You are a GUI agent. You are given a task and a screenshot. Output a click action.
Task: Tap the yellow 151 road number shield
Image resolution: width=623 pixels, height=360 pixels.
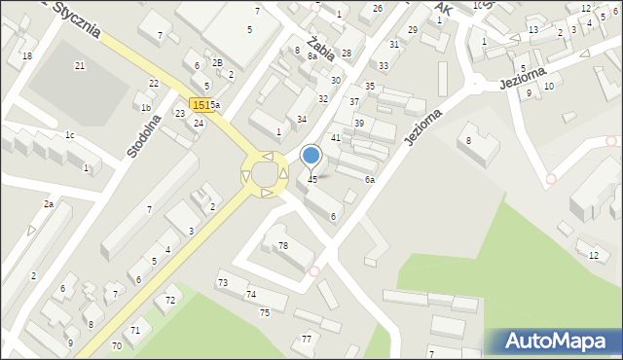199,104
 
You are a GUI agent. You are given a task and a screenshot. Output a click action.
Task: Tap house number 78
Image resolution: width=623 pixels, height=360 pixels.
283,245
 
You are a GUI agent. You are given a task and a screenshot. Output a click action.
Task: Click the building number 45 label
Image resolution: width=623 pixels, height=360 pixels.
312,180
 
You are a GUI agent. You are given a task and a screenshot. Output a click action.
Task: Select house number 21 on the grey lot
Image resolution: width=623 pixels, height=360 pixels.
80,65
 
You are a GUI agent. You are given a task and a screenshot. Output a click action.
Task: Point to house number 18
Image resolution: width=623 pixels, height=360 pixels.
27,56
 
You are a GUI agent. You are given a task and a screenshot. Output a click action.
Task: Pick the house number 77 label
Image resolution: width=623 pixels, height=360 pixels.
307,339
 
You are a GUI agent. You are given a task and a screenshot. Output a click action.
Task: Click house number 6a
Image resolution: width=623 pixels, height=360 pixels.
370,180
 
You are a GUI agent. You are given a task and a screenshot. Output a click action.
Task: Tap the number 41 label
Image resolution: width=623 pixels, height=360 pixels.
336,138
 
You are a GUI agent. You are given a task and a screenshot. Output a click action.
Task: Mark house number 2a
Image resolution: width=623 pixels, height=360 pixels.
48,204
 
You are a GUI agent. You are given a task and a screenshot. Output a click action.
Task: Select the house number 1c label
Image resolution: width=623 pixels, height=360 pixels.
69,134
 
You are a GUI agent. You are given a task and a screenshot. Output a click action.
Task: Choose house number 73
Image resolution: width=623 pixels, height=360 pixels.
223,282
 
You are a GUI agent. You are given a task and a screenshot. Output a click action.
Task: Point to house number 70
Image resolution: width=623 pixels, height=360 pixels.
117,345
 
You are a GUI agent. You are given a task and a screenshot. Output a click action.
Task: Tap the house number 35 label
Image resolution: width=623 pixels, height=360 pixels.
370,87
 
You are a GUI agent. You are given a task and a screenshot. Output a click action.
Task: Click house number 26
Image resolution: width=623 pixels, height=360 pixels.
378,8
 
